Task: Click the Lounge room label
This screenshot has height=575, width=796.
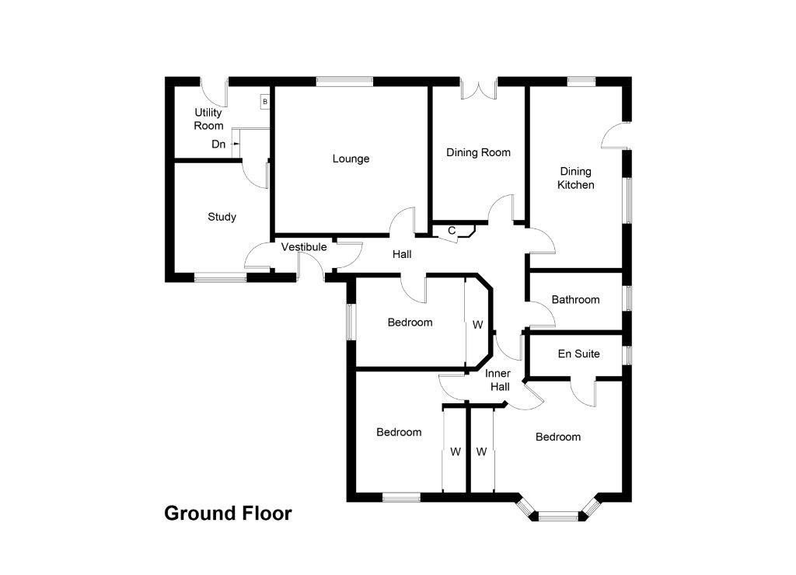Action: tap(351, 159)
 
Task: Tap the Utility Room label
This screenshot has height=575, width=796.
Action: tap(208, 119)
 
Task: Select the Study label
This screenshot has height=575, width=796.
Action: tap(222, 217)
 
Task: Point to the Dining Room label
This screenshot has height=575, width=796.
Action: tap(478, 152)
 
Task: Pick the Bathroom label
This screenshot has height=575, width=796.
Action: tap(575, 299)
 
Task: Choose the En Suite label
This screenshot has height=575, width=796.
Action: tap(578, 354)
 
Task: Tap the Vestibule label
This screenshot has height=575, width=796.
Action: tap(304, 247)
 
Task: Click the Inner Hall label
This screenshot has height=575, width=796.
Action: tap(497, 380)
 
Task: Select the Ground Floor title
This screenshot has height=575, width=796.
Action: tap(228, 514)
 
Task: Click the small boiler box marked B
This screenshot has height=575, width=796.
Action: tap(264, 101)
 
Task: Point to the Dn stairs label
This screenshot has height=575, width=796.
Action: tap(219, 144)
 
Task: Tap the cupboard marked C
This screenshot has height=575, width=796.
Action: tap(452, 230)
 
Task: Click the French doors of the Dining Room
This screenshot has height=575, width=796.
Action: tap(478, 89)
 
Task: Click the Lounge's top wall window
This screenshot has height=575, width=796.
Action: tap(344, 80)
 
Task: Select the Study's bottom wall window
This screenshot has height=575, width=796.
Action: tap(220, 277)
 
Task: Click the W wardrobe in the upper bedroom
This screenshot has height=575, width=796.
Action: tap(477, 323)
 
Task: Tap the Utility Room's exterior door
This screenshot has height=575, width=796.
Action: tap(215, 90)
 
